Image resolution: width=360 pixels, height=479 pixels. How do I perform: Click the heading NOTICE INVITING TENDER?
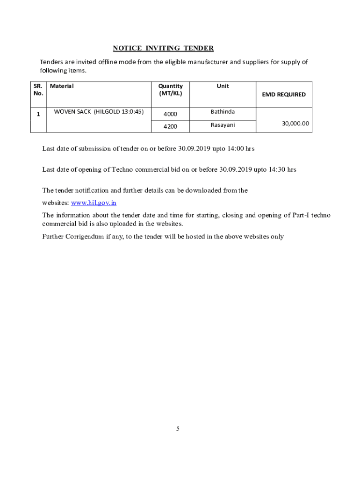click(163, 48)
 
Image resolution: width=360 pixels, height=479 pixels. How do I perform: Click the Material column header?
click(62, 86)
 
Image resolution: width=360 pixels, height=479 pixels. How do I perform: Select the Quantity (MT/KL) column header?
click(170, 89)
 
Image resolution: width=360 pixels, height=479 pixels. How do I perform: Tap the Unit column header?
click(223, 86)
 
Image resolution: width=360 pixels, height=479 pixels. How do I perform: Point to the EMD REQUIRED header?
click(283, 94)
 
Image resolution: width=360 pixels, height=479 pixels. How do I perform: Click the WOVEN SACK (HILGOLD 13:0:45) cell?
click(99, 112)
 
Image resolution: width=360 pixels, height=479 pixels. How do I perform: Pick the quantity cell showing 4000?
click(170, 114)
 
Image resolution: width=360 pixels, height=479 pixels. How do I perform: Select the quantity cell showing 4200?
click(170, 126)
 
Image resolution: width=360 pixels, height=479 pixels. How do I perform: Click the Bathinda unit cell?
click(223, 112)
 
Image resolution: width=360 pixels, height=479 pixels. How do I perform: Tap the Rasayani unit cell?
click(223, 125)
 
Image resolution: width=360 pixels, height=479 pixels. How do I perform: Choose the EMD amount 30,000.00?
click(295, 123)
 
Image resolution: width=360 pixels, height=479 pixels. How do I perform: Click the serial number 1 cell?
click(38, 114)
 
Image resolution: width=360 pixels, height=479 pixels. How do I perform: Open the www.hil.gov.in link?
click(94, 203)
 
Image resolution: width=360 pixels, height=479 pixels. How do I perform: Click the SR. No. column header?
click(38, 89)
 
